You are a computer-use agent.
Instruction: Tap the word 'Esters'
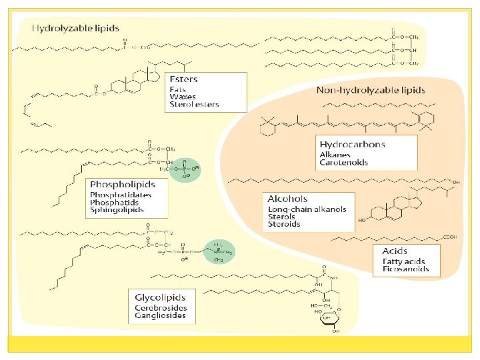pos(185,79)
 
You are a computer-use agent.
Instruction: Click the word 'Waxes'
pos(183,97)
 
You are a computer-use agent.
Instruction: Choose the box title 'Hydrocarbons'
pos(352,144)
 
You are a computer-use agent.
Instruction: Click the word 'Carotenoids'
pos(343,162)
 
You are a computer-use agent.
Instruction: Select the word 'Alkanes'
pos(335,154)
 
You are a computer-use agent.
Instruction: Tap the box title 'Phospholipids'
pos(121,183)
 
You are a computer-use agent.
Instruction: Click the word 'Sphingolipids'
pos(117,210)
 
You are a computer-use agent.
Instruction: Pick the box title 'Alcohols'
pos(287,199)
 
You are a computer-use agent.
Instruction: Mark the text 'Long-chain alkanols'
pos(307,209)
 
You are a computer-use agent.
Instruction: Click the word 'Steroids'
pos(283,225)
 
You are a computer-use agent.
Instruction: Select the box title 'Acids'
pos(395,251)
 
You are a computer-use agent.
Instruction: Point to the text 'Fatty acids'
pos(402,261)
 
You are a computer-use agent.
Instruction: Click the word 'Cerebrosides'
pos(161,308)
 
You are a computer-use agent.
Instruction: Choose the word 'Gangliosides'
pos(161,317)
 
